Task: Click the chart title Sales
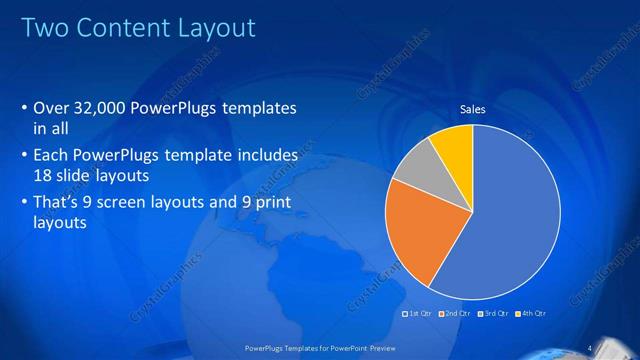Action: pos(472,109)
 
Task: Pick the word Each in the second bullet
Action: pos(51,157)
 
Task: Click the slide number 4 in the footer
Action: pos(591,347)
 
